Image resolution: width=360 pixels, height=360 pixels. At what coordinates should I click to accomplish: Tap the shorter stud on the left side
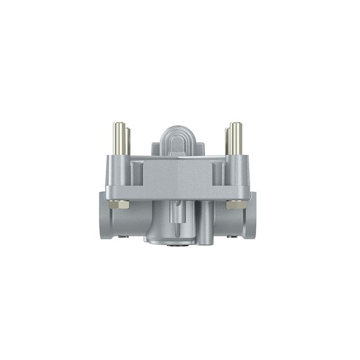tap(128, 142)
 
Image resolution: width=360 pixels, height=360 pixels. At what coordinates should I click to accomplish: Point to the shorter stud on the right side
tap(228, 142)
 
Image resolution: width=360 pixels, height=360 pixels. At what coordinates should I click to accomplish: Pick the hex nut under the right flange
tap(236, 204)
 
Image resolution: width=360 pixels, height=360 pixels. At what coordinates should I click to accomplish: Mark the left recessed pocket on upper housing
tap(137, 173)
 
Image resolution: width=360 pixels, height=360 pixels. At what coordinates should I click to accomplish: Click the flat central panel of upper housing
tap(178, 175)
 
